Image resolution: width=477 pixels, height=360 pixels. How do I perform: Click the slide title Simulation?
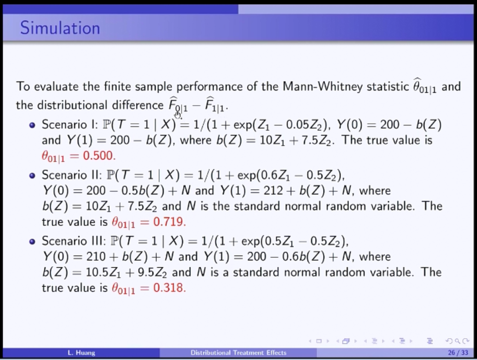click(x=60, y=28)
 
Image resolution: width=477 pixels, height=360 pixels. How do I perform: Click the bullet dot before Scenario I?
click(x=32, y=125)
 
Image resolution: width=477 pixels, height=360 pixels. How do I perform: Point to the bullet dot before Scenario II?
click(x=32, y=176)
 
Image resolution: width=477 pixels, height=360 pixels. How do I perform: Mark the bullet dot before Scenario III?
click(x=32, y=242)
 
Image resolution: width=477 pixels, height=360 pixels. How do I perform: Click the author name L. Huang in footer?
click(x=81, y=353)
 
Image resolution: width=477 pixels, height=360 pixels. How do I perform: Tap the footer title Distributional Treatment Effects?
click(x=239, y=353)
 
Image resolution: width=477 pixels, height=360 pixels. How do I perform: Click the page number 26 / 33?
click(x=458, y=353)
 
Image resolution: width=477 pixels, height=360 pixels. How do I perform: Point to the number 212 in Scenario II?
click(x=273, y=190)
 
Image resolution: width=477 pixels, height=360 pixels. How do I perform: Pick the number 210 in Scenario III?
click(x=96, y=256)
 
